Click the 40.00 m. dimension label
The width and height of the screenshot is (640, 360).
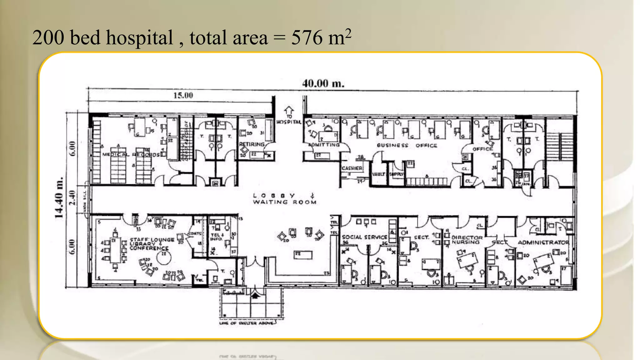pyautogui.click(x=323, y=83)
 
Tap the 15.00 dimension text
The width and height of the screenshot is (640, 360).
pyautogui.click(x=183, y=95)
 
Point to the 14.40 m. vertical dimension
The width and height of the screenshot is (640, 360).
pyautogui.click(x=59, y=197)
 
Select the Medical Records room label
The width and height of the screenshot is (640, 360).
pyautogui.click(x=131, y=154)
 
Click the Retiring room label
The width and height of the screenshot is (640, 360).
pyautogui.click(x=252, y=144)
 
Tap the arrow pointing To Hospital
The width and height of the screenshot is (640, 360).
pyautogui.click(x=289, y=110)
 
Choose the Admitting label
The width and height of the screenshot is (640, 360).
pyautogui.click(x=324, y=145)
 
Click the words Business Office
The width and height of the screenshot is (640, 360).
pyautogui.click(x=407, y=145)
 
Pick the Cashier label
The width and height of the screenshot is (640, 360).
pyautogui.click(x=352, y=168)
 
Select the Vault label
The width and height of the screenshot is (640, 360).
pyautogui.click(x=378, y=174)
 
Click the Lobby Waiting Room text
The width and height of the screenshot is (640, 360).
pyautogui.click(x=284, y=199)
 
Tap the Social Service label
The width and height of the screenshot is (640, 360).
pyautogui.click(x=364, y=237)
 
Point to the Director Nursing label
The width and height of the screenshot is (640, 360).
pyautogui.click(x=467, y=240)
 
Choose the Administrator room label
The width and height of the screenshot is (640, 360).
pyautogui.click(x=543, y=242)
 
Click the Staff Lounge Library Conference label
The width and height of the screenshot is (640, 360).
pyautogui.click(x=152, y=244)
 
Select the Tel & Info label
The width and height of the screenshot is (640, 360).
pyautogui.click(x=217, y=237)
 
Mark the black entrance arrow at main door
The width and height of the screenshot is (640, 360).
pyautogui.click(x=255, y=295)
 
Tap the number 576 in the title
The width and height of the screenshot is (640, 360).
pyautogui.click(x=307, y=38)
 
